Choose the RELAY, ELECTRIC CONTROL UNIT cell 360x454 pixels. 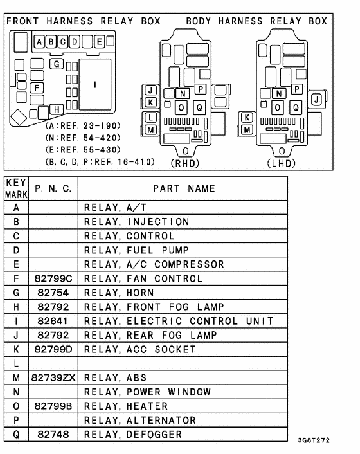179,321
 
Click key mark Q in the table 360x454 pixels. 15,435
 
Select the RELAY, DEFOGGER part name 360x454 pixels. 133,435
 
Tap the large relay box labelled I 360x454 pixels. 95,84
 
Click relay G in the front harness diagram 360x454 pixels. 57,64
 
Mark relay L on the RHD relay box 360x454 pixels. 150,118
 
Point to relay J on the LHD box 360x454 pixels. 316,99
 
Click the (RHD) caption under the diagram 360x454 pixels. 186,163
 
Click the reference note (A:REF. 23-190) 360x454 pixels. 83,125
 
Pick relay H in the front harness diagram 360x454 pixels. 57,109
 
